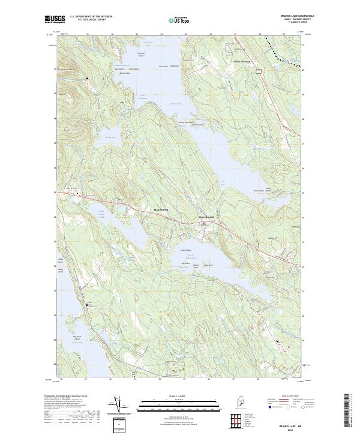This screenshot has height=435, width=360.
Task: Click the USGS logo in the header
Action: click(x=54, y=19)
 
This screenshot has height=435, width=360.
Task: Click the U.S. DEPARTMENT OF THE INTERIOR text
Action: click(x=90, y=17)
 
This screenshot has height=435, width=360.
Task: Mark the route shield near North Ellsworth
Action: click(x=258, y=71)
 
